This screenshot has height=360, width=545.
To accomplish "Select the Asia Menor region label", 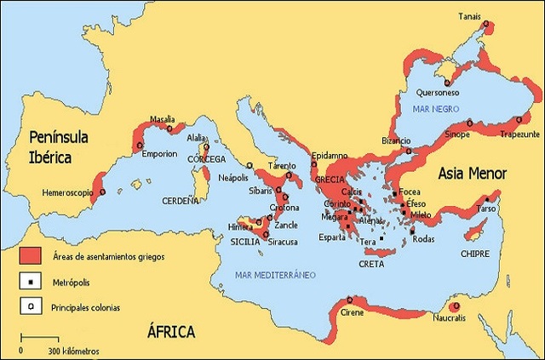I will pyautogui.click(x=473, y=174).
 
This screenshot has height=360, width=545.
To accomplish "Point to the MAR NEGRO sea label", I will pyautogui.click(x=435, y=110).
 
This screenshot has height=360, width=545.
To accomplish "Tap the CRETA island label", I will pyautogui.click(x=370, y=264).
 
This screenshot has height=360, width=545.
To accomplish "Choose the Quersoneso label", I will pyautogui.click(x=439, y=92).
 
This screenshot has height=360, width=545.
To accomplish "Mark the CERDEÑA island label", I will pyautogui.click(x=180, y=201).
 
